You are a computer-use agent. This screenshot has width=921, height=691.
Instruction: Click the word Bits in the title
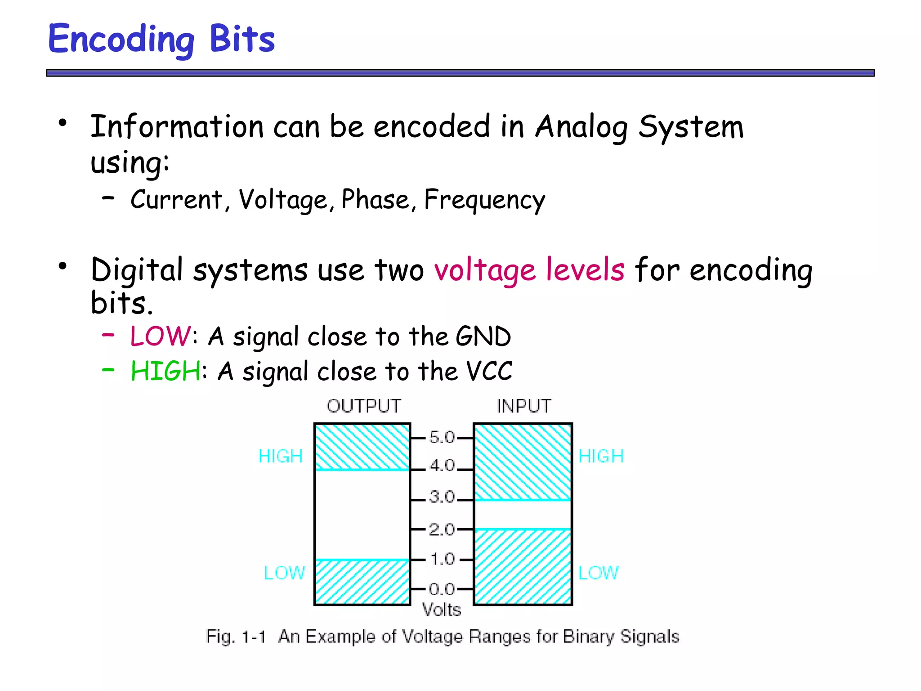coord(242,39)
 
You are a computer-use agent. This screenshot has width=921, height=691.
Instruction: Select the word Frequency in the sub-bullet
coord(484,200)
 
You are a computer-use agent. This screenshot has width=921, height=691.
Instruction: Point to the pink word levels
coord(585,270)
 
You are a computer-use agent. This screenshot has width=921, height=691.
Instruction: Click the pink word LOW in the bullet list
coord(160,337)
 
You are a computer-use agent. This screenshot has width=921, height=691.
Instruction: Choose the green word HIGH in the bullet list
coord(165,372)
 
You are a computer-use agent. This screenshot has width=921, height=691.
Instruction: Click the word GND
coord(483,337)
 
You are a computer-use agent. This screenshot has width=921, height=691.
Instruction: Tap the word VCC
coord(489,372)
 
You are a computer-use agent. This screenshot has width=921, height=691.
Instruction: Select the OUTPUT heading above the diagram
coord(363,406)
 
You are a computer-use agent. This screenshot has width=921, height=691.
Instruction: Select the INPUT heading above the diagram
coord(524,406)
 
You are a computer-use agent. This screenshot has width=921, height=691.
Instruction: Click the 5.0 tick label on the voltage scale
coord(442,437)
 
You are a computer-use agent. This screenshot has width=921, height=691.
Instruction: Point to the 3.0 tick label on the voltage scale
coord(442,497)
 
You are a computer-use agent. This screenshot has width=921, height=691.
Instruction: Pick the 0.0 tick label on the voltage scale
coord(442,588)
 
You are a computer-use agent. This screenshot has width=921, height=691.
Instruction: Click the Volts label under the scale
coord(442,610)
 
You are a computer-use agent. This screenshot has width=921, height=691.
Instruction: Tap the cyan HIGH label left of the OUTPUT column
coord(281,456)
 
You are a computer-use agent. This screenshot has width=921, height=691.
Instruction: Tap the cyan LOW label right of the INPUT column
coord(598,573)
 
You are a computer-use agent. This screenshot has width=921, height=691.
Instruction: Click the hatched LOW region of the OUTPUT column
coord(362,582)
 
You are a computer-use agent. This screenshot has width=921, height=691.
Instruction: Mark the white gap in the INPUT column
coord(523,515)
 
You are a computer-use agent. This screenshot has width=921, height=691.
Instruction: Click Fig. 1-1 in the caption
coord(236,637)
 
